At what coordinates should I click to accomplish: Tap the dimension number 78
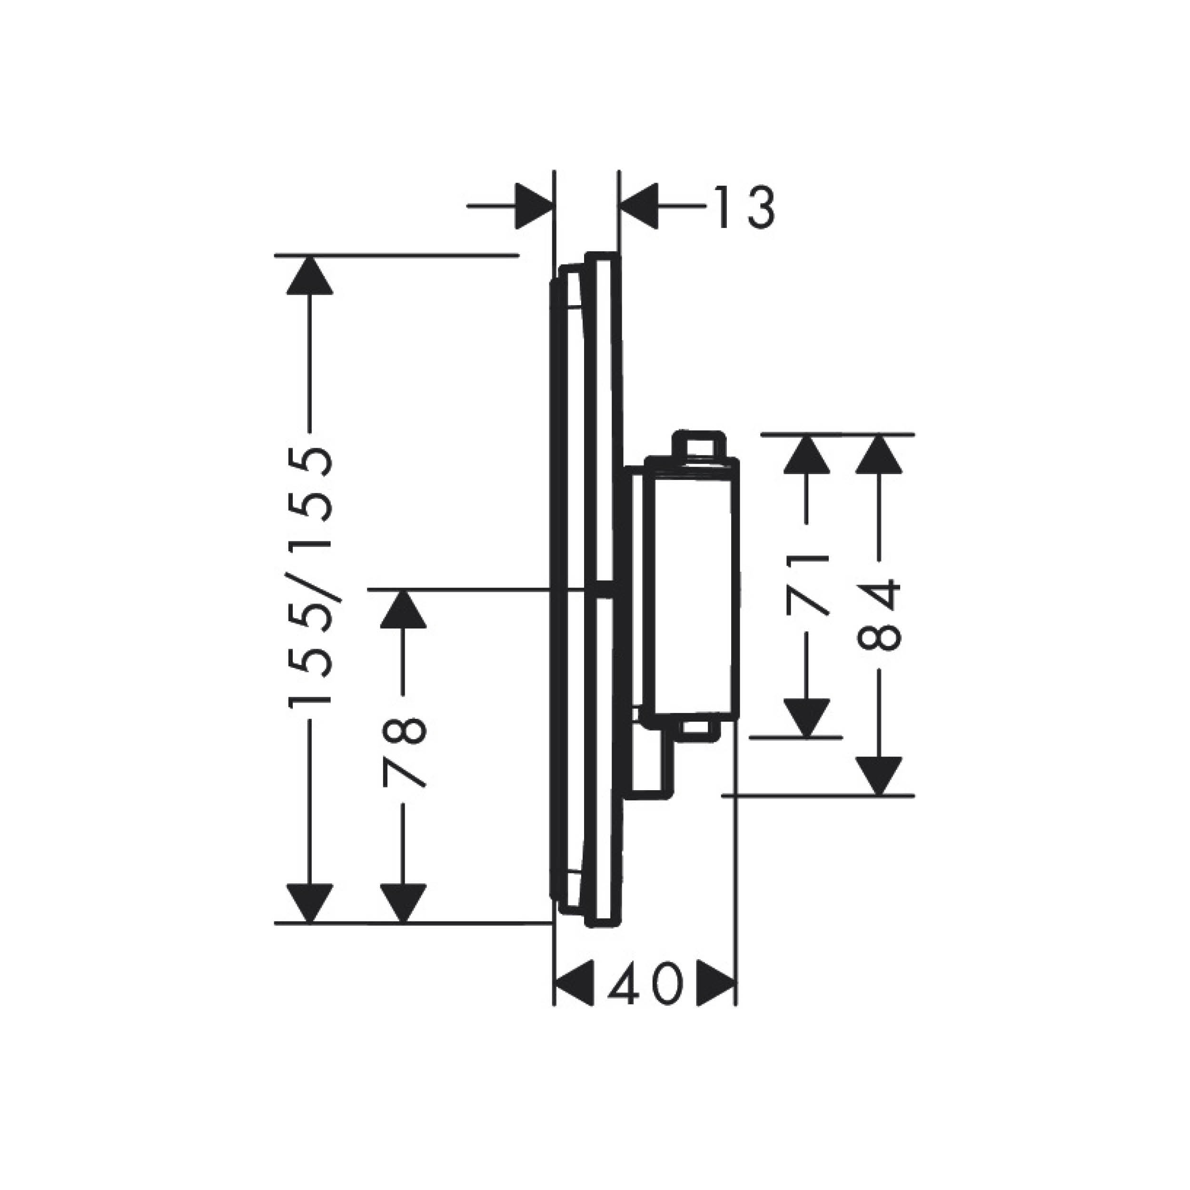click(404, 752)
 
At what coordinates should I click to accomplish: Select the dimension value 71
click(807, 585)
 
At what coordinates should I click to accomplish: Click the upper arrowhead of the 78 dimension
click(404, 609)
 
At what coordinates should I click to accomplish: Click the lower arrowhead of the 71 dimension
click(807, 716)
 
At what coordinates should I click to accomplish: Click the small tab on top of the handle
click(697, 444)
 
